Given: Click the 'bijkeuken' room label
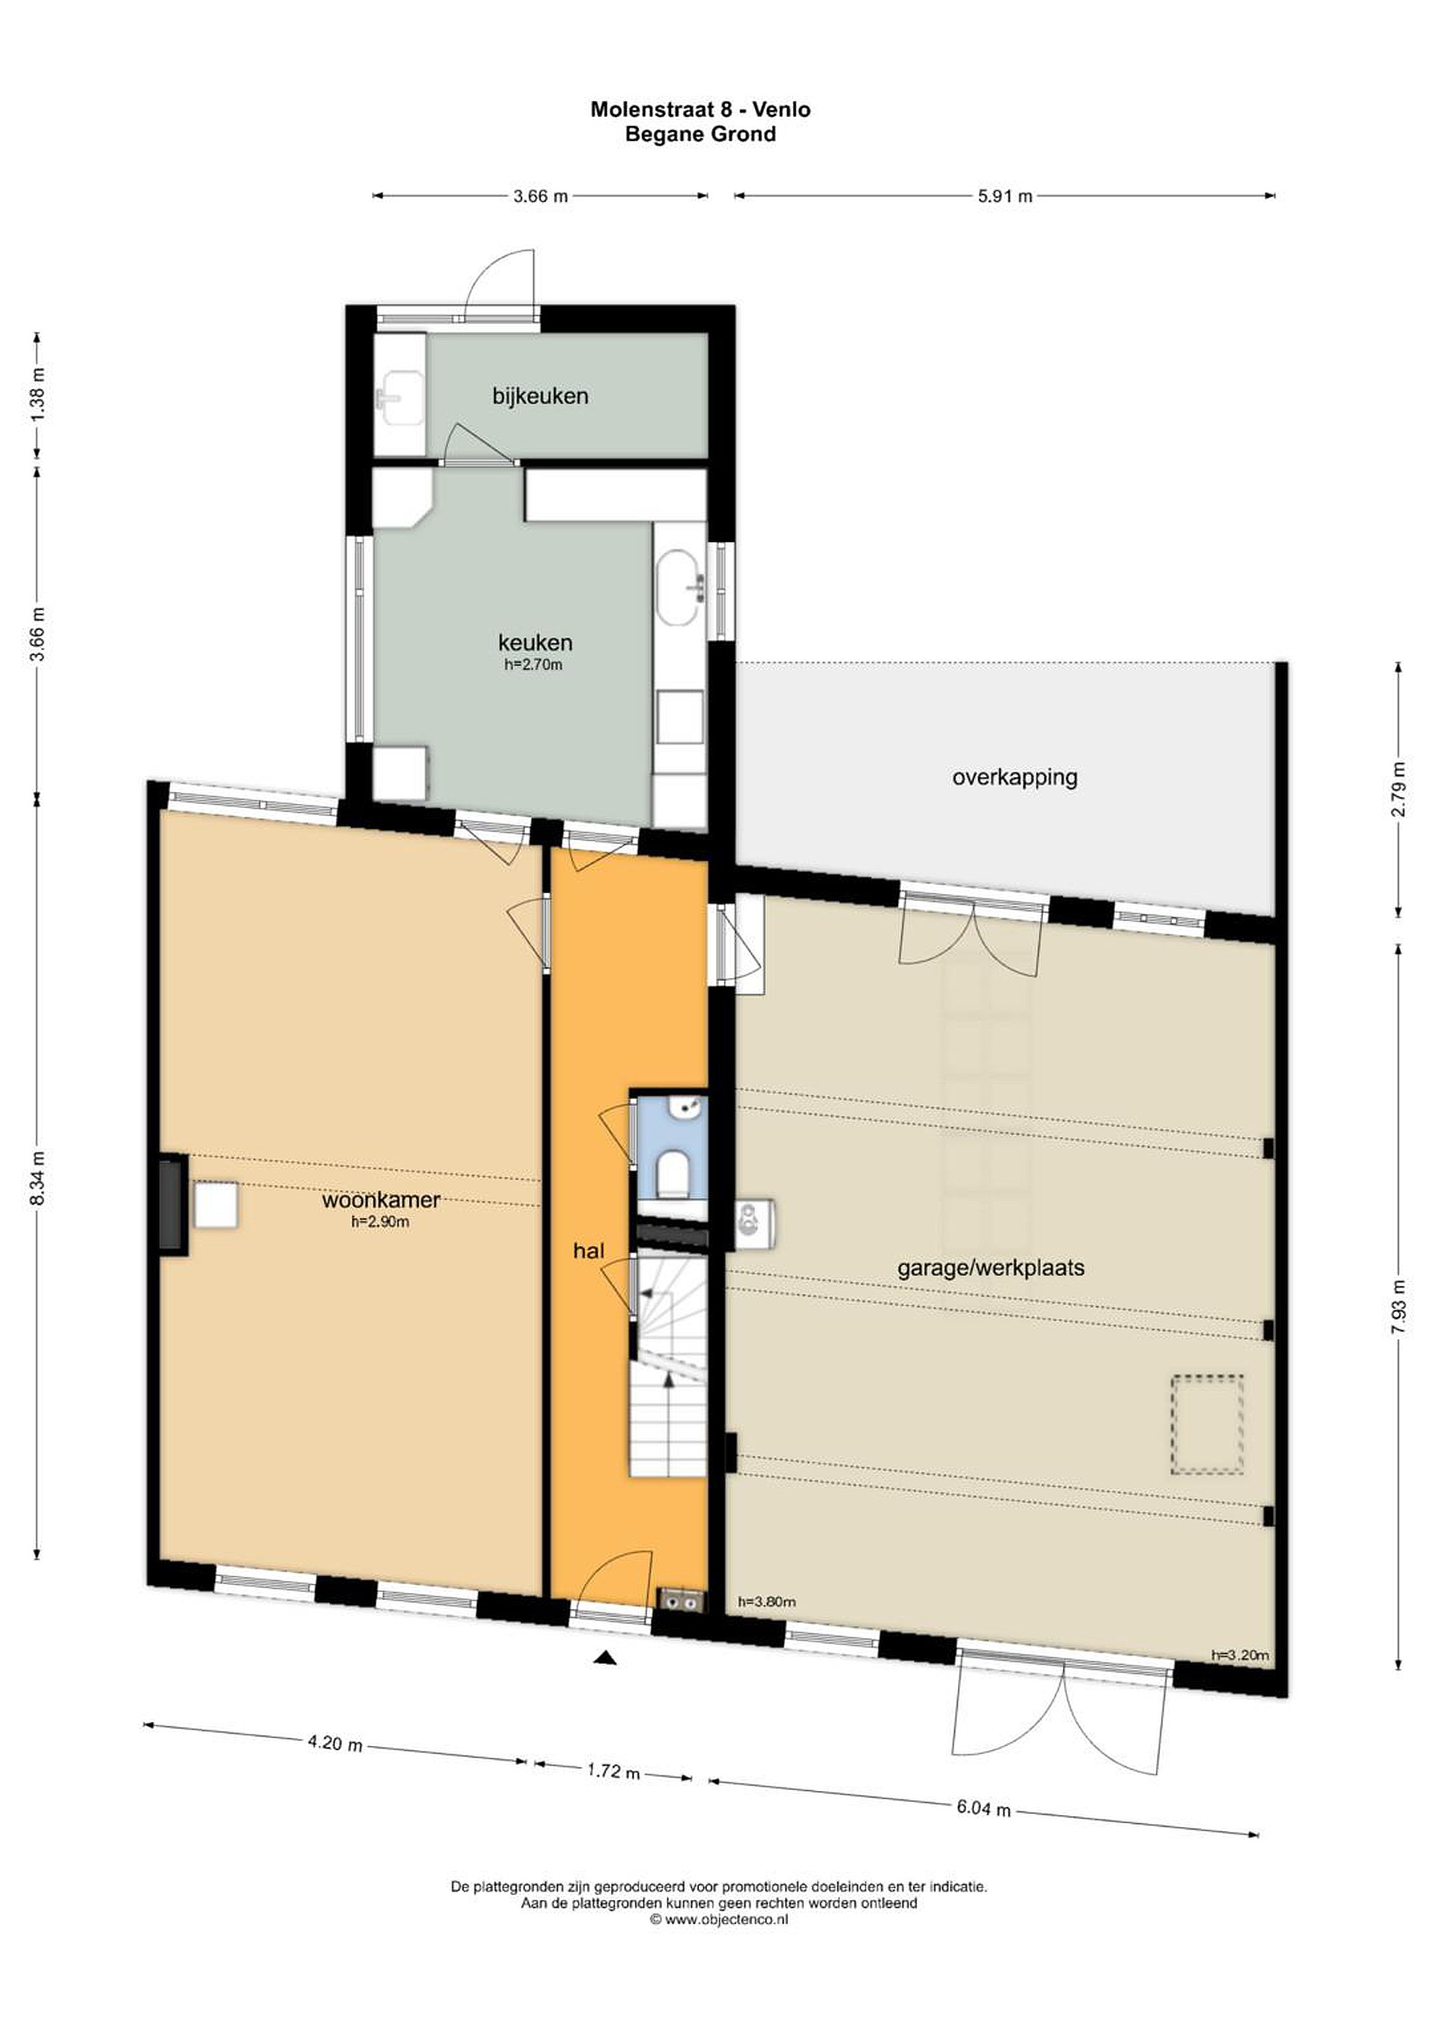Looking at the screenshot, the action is tap(540, 396).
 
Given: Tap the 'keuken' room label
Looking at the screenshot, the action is tap(535, 642).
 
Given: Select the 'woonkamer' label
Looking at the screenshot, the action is tap(381, 1199).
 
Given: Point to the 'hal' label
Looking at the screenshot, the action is tap(589, 1250).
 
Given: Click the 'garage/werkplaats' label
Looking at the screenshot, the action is tap(990, 1267).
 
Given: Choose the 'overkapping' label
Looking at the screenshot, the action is tap(1015, 777).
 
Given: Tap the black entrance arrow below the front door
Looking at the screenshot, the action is tap(605, 1658).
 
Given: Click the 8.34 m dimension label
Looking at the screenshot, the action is tap(37, 1178).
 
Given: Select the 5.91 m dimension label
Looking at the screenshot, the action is tap(1005, 196).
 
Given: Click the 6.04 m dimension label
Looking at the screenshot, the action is tap(983, 1807).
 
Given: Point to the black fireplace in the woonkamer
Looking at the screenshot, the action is tap(173, 1203).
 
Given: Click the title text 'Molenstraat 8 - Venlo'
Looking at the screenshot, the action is tap(701, 110).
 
